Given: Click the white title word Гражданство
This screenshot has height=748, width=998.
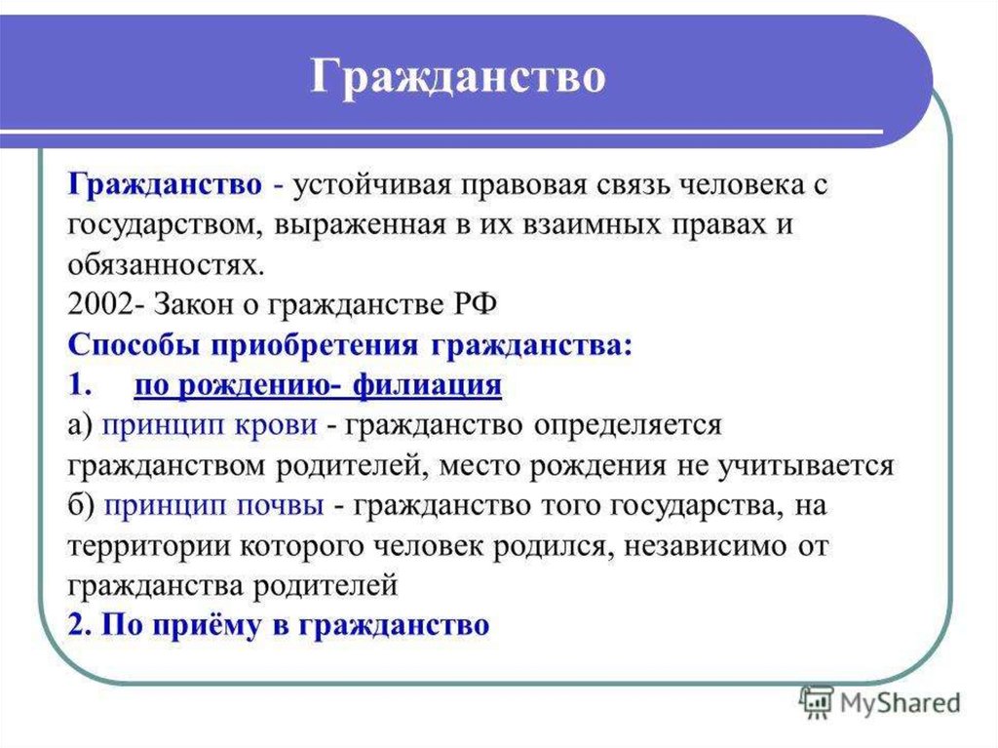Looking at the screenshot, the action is (x=458, y=78).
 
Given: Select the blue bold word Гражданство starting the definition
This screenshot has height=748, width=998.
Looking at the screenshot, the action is (x=165, y=185).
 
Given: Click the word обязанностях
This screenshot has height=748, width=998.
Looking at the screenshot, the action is (x=166, y=265).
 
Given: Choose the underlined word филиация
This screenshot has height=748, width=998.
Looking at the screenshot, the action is (x=427, y=384).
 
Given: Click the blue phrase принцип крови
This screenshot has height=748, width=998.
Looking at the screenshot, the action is (x=211, y=425).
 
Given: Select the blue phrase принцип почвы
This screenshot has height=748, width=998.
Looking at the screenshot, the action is (x=213, y=505).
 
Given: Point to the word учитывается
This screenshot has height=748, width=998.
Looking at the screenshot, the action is (x=805, y=466).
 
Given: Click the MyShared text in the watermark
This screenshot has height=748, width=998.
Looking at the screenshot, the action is (x=900, y=703).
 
